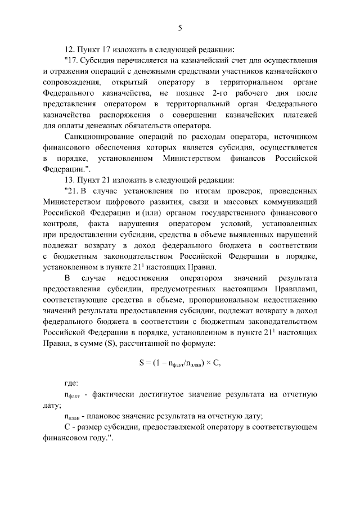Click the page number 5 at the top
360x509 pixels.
180,28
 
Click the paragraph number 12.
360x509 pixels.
70,48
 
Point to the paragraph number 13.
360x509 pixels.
70,180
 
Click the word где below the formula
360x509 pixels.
72,383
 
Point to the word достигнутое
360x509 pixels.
161,394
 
